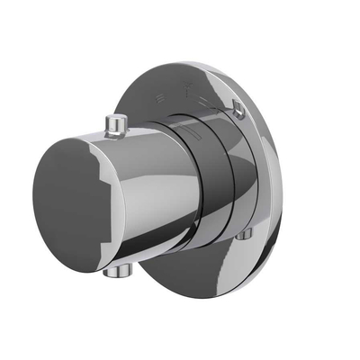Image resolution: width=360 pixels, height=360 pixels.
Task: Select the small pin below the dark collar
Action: [x=246, y=235]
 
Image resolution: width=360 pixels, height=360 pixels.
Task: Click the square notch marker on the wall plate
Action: [x=238, y=110]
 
